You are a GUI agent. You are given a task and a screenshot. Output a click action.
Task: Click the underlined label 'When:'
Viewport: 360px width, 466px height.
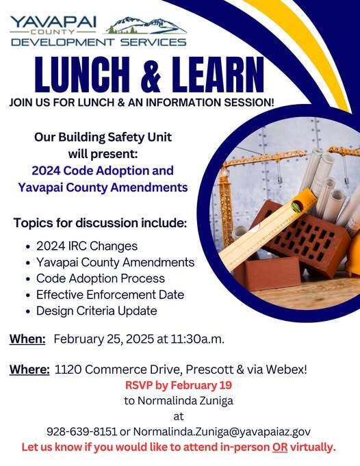tap(27, 339)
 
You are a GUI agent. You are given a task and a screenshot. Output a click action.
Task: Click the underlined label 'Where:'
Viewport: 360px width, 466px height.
tap(29, 370)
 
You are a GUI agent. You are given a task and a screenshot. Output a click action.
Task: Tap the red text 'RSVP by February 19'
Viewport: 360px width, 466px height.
tap(179, 385)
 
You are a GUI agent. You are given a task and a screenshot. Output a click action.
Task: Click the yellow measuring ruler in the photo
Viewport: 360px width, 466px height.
tap(271, 229)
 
